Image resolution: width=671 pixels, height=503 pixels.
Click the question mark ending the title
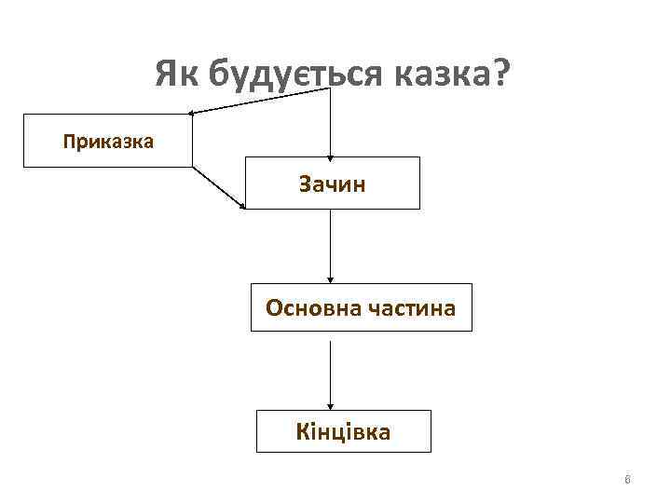click(x=500, y=71)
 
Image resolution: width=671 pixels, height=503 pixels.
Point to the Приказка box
click(x=108, y=142)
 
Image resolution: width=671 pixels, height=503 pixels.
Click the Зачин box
click(x=332, y=183)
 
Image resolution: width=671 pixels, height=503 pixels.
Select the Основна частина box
click(x=361, y=307)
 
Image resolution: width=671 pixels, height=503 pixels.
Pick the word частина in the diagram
click(x=413, y=307)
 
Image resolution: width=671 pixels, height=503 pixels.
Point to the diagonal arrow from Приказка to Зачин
click(x=219, y=187)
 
